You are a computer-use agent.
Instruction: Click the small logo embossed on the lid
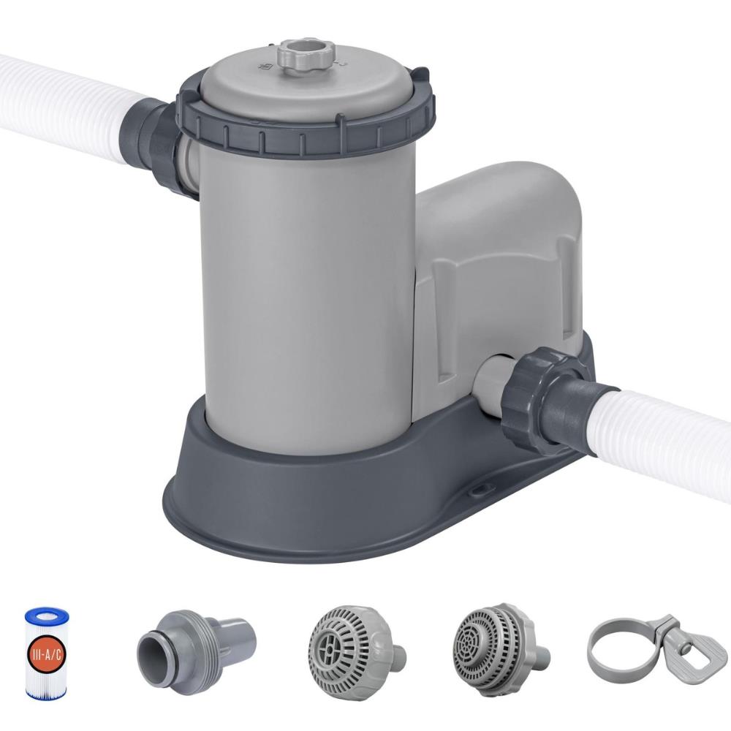(x=264, y=67)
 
